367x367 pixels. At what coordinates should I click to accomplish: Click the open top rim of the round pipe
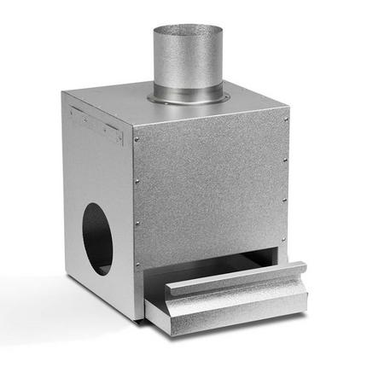pyautogui.click(x=188, y=28)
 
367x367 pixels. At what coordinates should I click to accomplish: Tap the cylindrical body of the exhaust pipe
pyautogui.click(x=188, y=64)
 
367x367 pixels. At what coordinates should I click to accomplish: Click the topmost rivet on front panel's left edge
pyautogui.click(x=137, y=139)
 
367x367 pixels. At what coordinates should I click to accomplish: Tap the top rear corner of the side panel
pyautogui.click(x=63, y=93)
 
